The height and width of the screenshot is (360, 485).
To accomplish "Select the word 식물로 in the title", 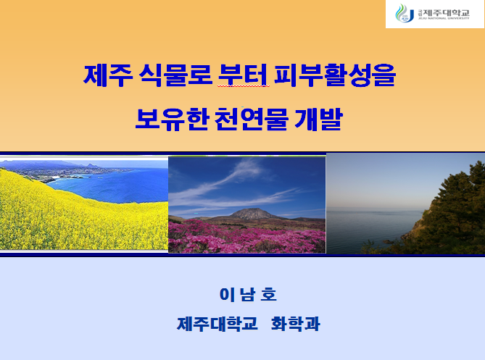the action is [x=175, y=75].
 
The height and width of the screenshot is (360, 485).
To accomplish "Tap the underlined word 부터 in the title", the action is [x=243, y=75].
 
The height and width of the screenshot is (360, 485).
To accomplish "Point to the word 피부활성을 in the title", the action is [x=335, y=75].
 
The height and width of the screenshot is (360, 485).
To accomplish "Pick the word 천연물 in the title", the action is [x=251, y=119].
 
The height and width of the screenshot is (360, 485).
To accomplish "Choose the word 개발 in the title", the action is [x=318, y=119].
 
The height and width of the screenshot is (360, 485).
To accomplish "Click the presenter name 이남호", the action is [x=248, y=294].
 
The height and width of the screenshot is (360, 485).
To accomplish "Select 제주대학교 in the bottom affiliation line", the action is [x=217, y=324].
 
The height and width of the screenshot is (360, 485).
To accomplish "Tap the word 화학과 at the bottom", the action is [x=296, y=324].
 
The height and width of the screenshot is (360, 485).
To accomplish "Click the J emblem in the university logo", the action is [x=405, y=14].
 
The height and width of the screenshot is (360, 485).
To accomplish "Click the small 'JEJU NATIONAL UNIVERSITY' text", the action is [x=444, y=19].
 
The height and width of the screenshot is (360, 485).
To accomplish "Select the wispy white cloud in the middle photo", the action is [x=235, y=179].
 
